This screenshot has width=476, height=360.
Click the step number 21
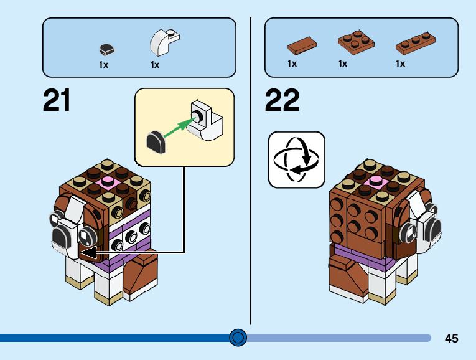click(57, 101)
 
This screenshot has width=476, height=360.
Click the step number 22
click(282, 101)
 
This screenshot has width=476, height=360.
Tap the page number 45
click(452, 338)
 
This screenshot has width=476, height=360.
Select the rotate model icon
click(296, 159)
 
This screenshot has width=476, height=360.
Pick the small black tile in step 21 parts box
click(108, 49)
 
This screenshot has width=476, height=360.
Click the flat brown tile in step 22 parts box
click(302, 44)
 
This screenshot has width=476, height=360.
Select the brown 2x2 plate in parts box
click(356, 42)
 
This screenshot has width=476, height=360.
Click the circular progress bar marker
click(238, 338)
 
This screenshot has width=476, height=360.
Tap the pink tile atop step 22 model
click(377, 181)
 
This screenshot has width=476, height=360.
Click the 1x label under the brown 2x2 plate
click(343, 64)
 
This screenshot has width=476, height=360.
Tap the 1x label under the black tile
click(104, 64)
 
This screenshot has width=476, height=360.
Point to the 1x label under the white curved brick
click(155, 64)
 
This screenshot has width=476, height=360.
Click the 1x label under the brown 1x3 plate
click(400, 64)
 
